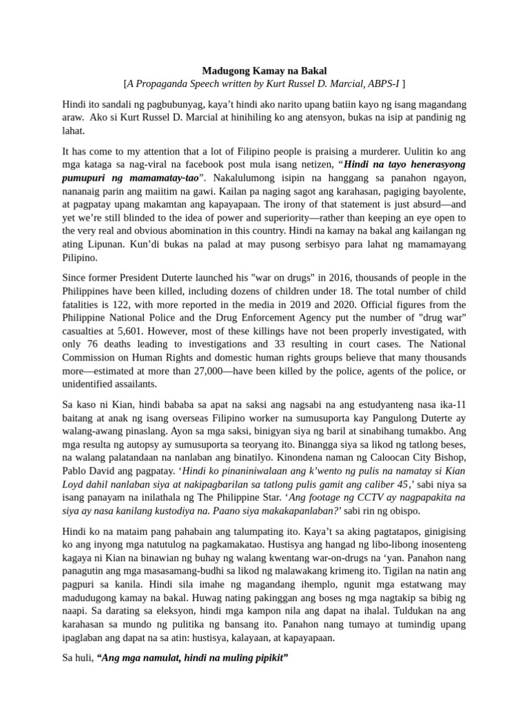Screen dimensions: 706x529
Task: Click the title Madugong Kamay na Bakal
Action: click(264, 71)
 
